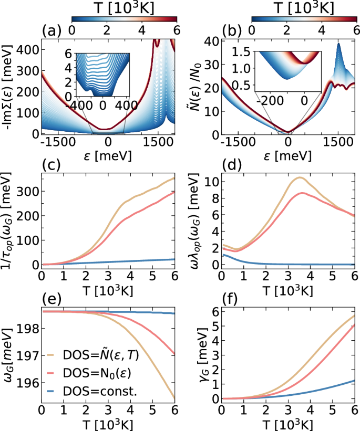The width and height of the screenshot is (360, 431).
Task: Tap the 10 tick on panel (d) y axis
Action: click(211, 182)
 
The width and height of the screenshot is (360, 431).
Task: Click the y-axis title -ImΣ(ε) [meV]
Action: click(8, 89)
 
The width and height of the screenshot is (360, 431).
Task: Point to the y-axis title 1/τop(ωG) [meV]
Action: click(8, 221)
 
